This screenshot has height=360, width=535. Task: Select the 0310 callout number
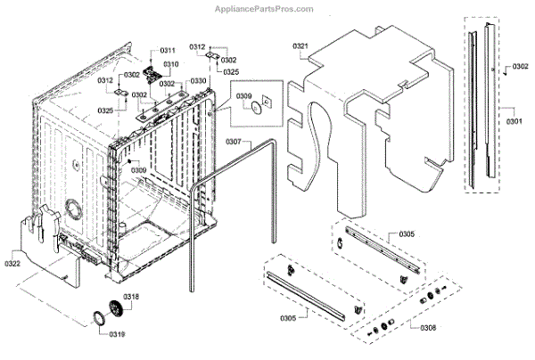tap(169, 64)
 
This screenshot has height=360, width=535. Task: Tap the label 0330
tap(198, 81)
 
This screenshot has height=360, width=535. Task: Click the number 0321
tap(300, 46)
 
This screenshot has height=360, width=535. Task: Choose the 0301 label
tap(515, 120)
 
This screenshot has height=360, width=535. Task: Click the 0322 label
tap(12, 264)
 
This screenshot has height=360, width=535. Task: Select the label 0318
tap(130, 296)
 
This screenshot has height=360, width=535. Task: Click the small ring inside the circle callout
tap(256, 108)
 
